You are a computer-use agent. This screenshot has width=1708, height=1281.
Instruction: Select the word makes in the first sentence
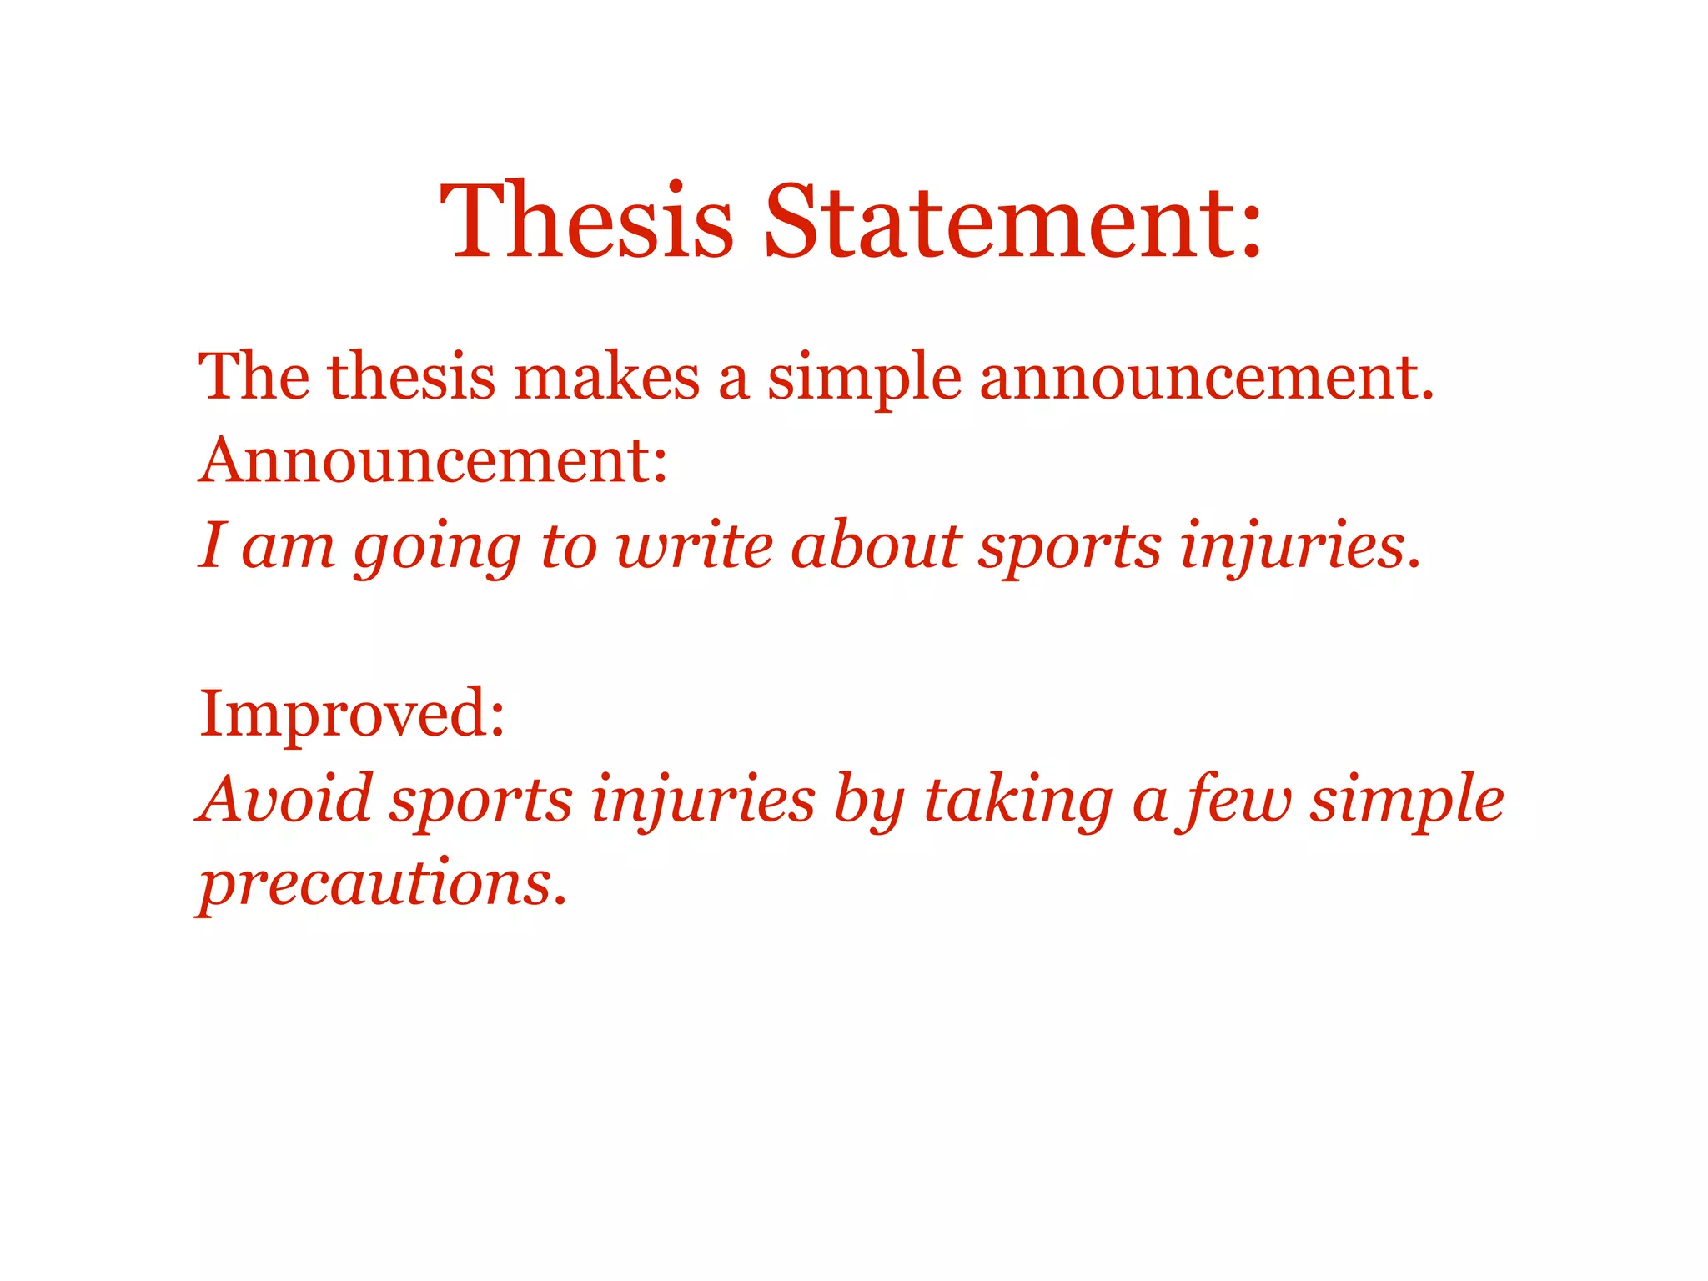click(606, 377)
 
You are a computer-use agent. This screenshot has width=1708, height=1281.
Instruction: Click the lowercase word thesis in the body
click(411, 377)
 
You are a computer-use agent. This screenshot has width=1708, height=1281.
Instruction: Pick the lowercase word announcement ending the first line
click(1206, 379)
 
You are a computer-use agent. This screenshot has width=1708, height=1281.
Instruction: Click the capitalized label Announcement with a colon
click(433, 460)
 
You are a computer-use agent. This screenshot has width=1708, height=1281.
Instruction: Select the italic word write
click(694, 546)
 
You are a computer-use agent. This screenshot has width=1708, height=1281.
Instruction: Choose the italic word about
click(876, 546)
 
